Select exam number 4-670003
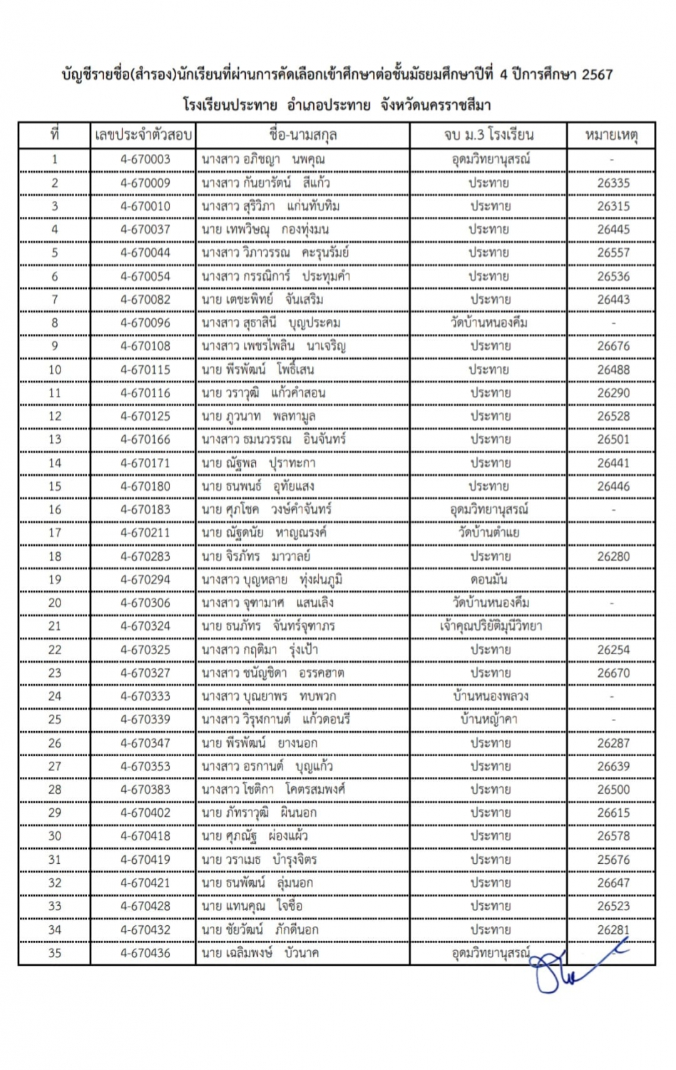point(145,159)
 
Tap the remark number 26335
point(613,183)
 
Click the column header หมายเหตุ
point(611,135)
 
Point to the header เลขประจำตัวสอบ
point(143,135)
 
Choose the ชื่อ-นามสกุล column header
point(303,135)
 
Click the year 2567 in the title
point(597,74)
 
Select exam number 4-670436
point(145,953)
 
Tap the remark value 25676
point(613,860)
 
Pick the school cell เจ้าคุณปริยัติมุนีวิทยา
point(491,626)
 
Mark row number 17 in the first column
point(55,533)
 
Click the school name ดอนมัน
point(489,579)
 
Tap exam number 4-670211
point(145,533)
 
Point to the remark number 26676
point(613,346)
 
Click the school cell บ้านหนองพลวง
point(491,696)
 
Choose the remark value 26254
point(613,650)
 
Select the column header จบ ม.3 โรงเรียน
point(488,135)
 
